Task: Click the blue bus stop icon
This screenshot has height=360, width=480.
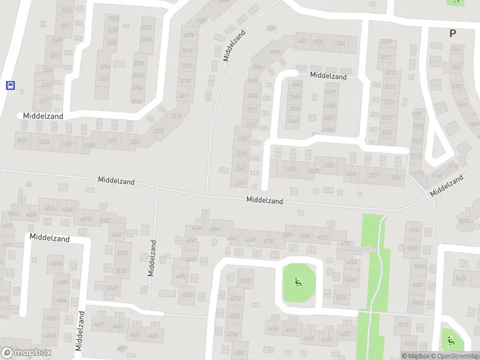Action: (x=10, y=85)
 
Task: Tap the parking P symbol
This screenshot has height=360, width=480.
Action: (x=452, y=34)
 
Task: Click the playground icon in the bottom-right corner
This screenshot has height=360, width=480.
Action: (x=451, y=341)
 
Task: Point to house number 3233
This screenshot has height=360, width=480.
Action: (x=67, y=144)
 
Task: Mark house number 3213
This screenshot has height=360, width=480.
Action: (x=187, y=66)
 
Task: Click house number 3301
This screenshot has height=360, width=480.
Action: (x=302, y=41)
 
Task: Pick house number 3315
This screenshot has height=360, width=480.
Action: (x=391, y=88)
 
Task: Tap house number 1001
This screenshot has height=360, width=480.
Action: (x=457, y=49)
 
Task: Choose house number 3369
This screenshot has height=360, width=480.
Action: (x=330, y=92)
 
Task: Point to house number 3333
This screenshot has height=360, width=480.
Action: (x=313, y=170)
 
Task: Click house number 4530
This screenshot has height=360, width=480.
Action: (x=86, y=218)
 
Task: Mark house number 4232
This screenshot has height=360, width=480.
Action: (x=323, y=238)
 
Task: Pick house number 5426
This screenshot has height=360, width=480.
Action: (x=461, y=278)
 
